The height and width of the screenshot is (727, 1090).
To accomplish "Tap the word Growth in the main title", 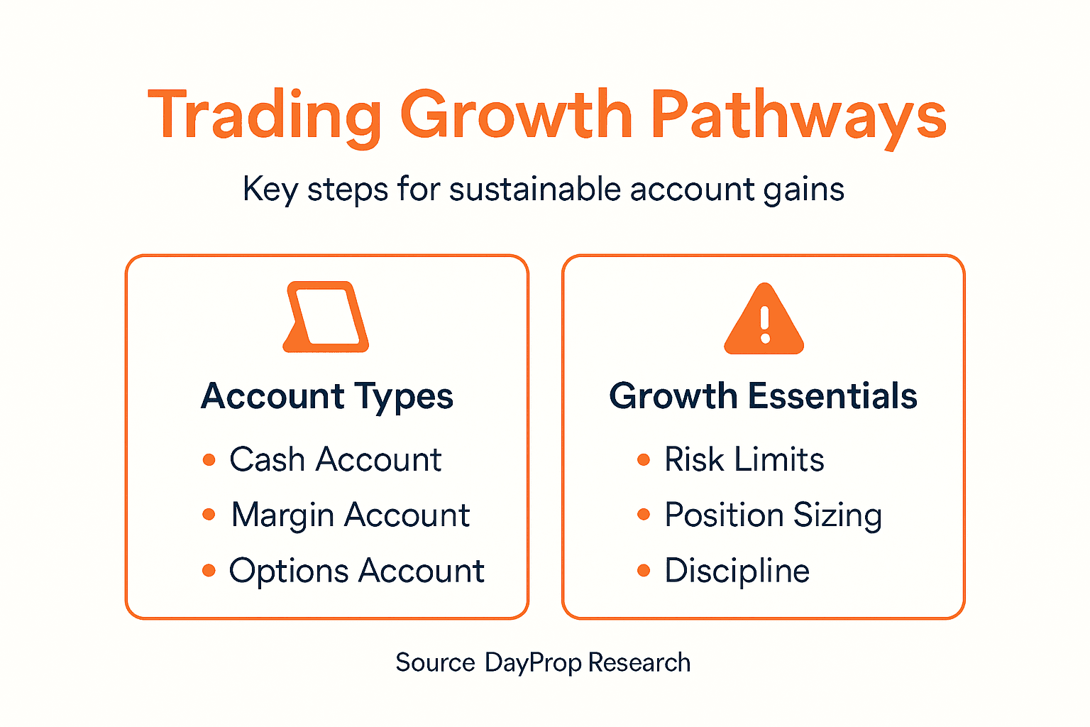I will point(516,115).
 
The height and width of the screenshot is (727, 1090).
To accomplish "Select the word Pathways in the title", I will point(798,115).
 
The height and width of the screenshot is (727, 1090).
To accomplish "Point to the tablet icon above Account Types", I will point(326,317).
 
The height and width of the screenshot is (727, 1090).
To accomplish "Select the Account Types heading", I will point(327,396).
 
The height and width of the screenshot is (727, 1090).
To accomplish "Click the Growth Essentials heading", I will point(763,396).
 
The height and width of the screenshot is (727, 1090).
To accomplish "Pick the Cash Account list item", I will point(335,459).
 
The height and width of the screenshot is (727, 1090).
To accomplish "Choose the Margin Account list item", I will point(350,515).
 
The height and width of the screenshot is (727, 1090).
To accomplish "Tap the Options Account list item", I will point(356,571).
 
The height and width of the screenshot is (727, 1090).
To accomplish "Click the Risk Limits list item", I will point(744,459).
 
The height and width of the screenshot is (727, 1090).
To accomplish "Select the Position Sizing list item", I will point(773,515).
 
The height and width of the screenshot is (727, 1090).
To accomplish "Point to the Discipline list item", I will point(737,571).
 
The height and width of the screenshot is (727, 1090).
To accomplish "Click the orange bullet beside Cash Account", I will point(209,460).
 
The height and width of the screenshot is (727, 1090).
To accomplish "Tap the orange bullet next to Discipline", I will point(644,571).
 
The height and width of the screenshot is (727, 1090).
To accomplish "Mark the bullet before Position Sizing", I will point(644,515).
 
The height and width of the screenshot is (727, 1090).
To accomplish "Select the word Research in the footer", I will point(639,662).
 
